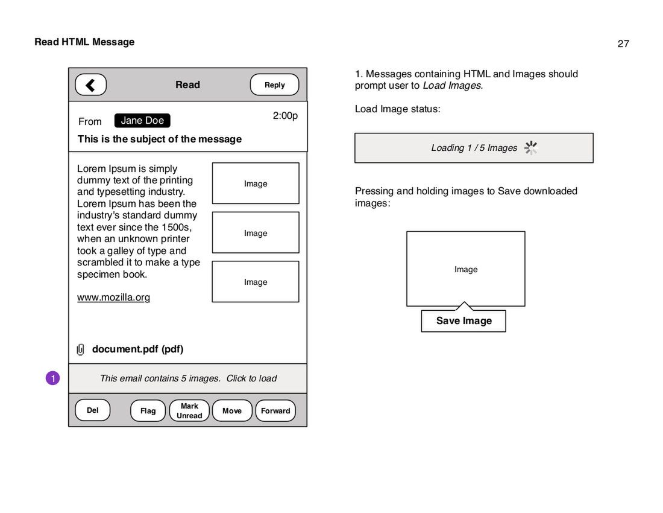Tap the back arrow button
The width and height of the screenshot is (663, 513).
tap(91, 85)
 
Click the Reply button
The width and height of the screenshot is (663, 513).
tap(274, 85)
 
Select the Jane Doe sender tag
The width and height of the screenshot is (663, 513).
tap(142, 121)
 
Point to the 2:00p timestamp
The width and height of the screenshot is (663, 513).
tap(285, 116)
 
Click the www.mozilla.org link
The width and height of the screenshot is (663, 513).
tap(113, 298)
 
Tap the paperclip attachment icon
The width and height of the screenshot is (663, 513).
tap(81, 349)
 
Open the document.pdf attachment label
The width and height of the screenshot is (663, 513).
tap(137, 349)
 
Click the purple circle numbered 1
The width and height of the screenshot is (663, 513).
tap(53, 378)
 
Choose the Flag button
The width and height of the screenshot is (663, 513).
tap(148, 411)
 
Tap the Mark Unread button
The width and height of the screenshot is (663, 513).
tap(189, 411)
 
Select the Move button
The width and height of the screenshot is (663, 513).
tap(232, 411)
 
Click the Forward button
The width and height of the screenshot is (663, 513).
tap(275, 411)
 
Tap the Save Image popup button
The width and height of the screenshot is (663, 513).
tap(463, 321)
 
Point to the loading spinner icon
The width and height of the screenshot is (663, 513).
tap(530, 148)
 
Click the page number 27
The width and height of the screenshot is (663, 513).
tap(623, 43)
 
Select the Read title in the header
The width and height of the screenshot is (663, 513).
tap(187, 85)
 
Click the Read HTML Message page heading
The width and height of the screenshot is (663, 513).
tap(84, 42)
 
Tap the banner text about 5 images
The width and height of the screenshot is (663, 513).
tap(188, 378)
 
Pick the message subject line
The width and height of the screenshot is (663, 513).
tap(160, 139)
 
